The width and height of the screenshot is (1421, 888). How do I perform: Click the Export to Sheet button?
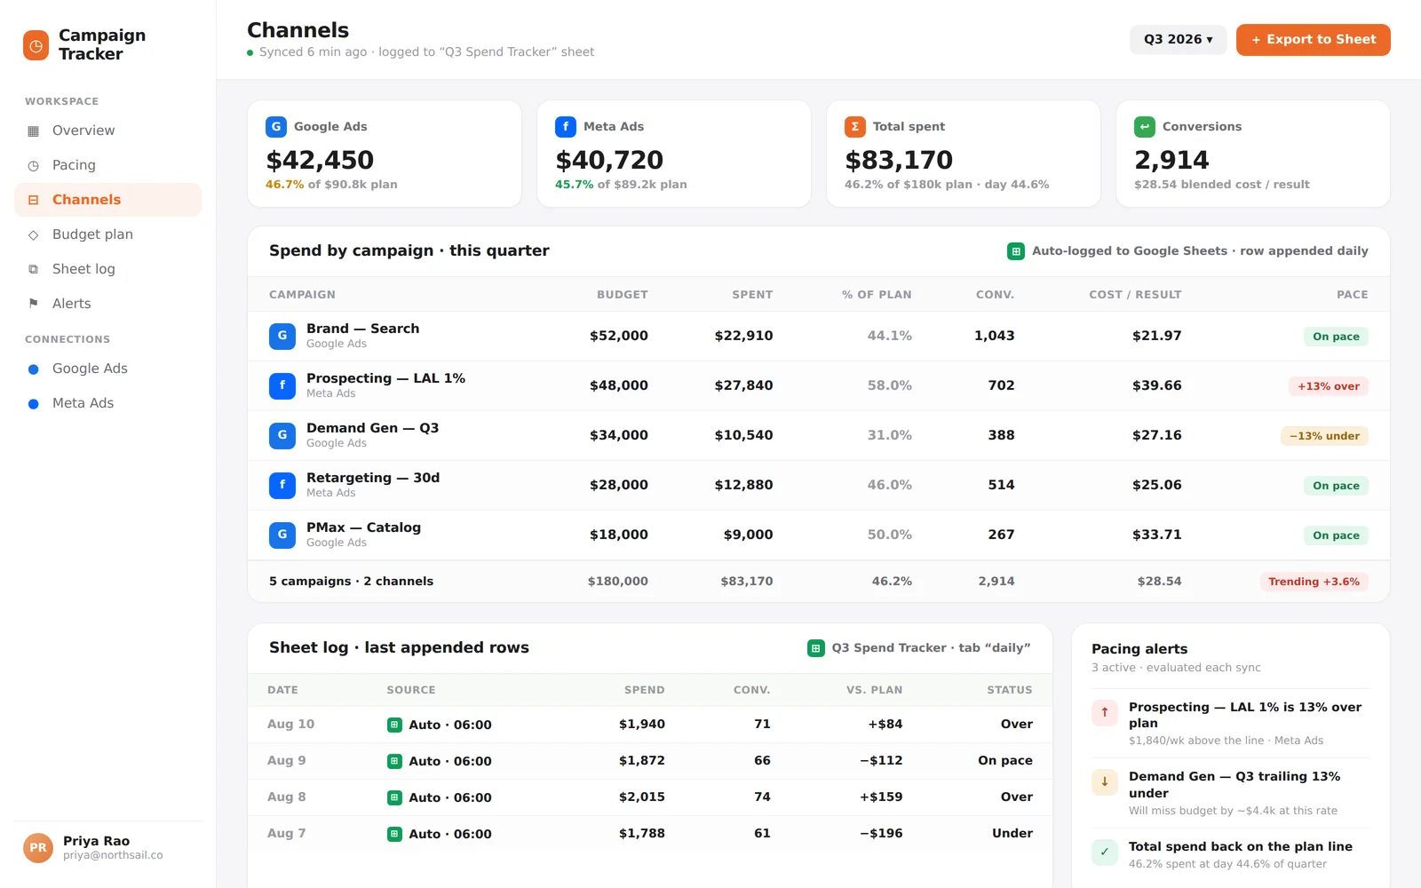coord(1313,39)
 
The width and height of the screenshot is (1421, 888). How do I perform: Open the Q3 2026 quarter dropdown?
coord(1178,39)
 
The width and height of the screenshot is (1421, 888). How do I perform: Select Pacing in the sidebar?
coord(74,165)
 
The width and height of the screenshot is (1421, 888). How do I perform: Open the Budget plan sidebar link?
coord(92,234)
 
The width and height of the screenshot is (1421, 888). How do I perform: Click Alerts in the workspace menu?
coord(71,303)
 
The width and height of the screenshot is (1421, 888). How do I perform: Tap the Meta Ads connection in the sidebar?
coord(83,403)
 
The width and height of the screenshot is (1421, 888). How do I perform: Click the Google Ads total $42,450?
coord(320,160)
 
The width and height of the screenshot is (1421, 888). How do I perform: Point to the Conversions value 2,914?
coord(1171,160)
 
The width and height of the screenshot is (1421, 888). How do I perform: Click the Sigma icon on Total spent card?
coord(854,127)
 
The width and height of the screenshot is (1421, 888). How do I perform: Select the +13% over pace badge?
coord(1328,386)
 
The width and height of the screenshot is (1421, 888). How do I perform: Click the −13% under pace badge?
coord(1324,436)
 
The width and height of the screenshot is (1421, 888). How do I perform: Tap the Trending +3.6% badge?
coord(1314,582)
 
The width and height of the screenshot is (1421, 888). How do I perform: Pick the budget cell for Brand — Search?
coord(618,336)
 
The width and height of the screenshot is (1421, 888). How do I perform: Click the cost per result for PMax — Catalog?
coord(1156,535)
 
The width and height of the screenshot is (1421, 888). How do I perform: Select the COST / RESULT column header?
coord(1135,294)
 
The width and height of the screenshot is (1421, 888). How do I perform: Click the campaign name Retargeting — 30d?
coord(373,478)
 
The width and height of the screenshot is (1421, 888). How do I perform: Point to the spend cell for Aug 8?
coord(641,797)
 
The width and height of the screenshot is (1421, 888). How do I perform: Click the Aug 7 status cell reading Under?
coord(1012,833)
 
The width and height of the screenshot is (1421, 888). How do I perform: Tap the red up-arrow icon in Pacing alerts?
coord(1105,712)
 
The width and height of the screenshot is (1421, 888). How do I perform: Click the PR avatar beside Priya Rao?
coord(38,848)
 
